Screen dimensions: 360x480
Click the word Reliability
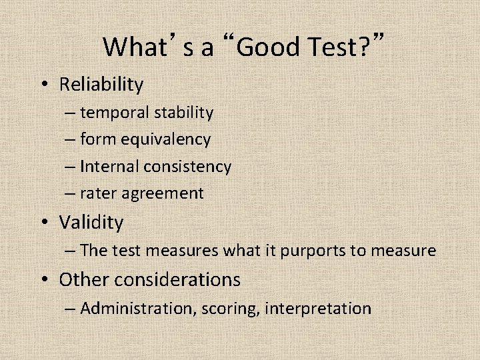pyautogui.click(x=101, y=85)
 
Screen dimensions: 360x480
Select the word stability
pyautogui.click(x=183, y=113)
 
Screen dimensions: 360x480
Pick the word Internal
pyautogui.click(x=106, y=167)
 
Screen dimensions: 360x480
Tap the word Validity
pyautogui.click(x=91, y=222)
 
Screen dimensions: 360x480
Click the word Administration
pyautogui.click(x=127, y=308)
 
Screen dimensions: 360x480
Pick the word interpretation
pyautogui.click(x=318, y=309)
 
